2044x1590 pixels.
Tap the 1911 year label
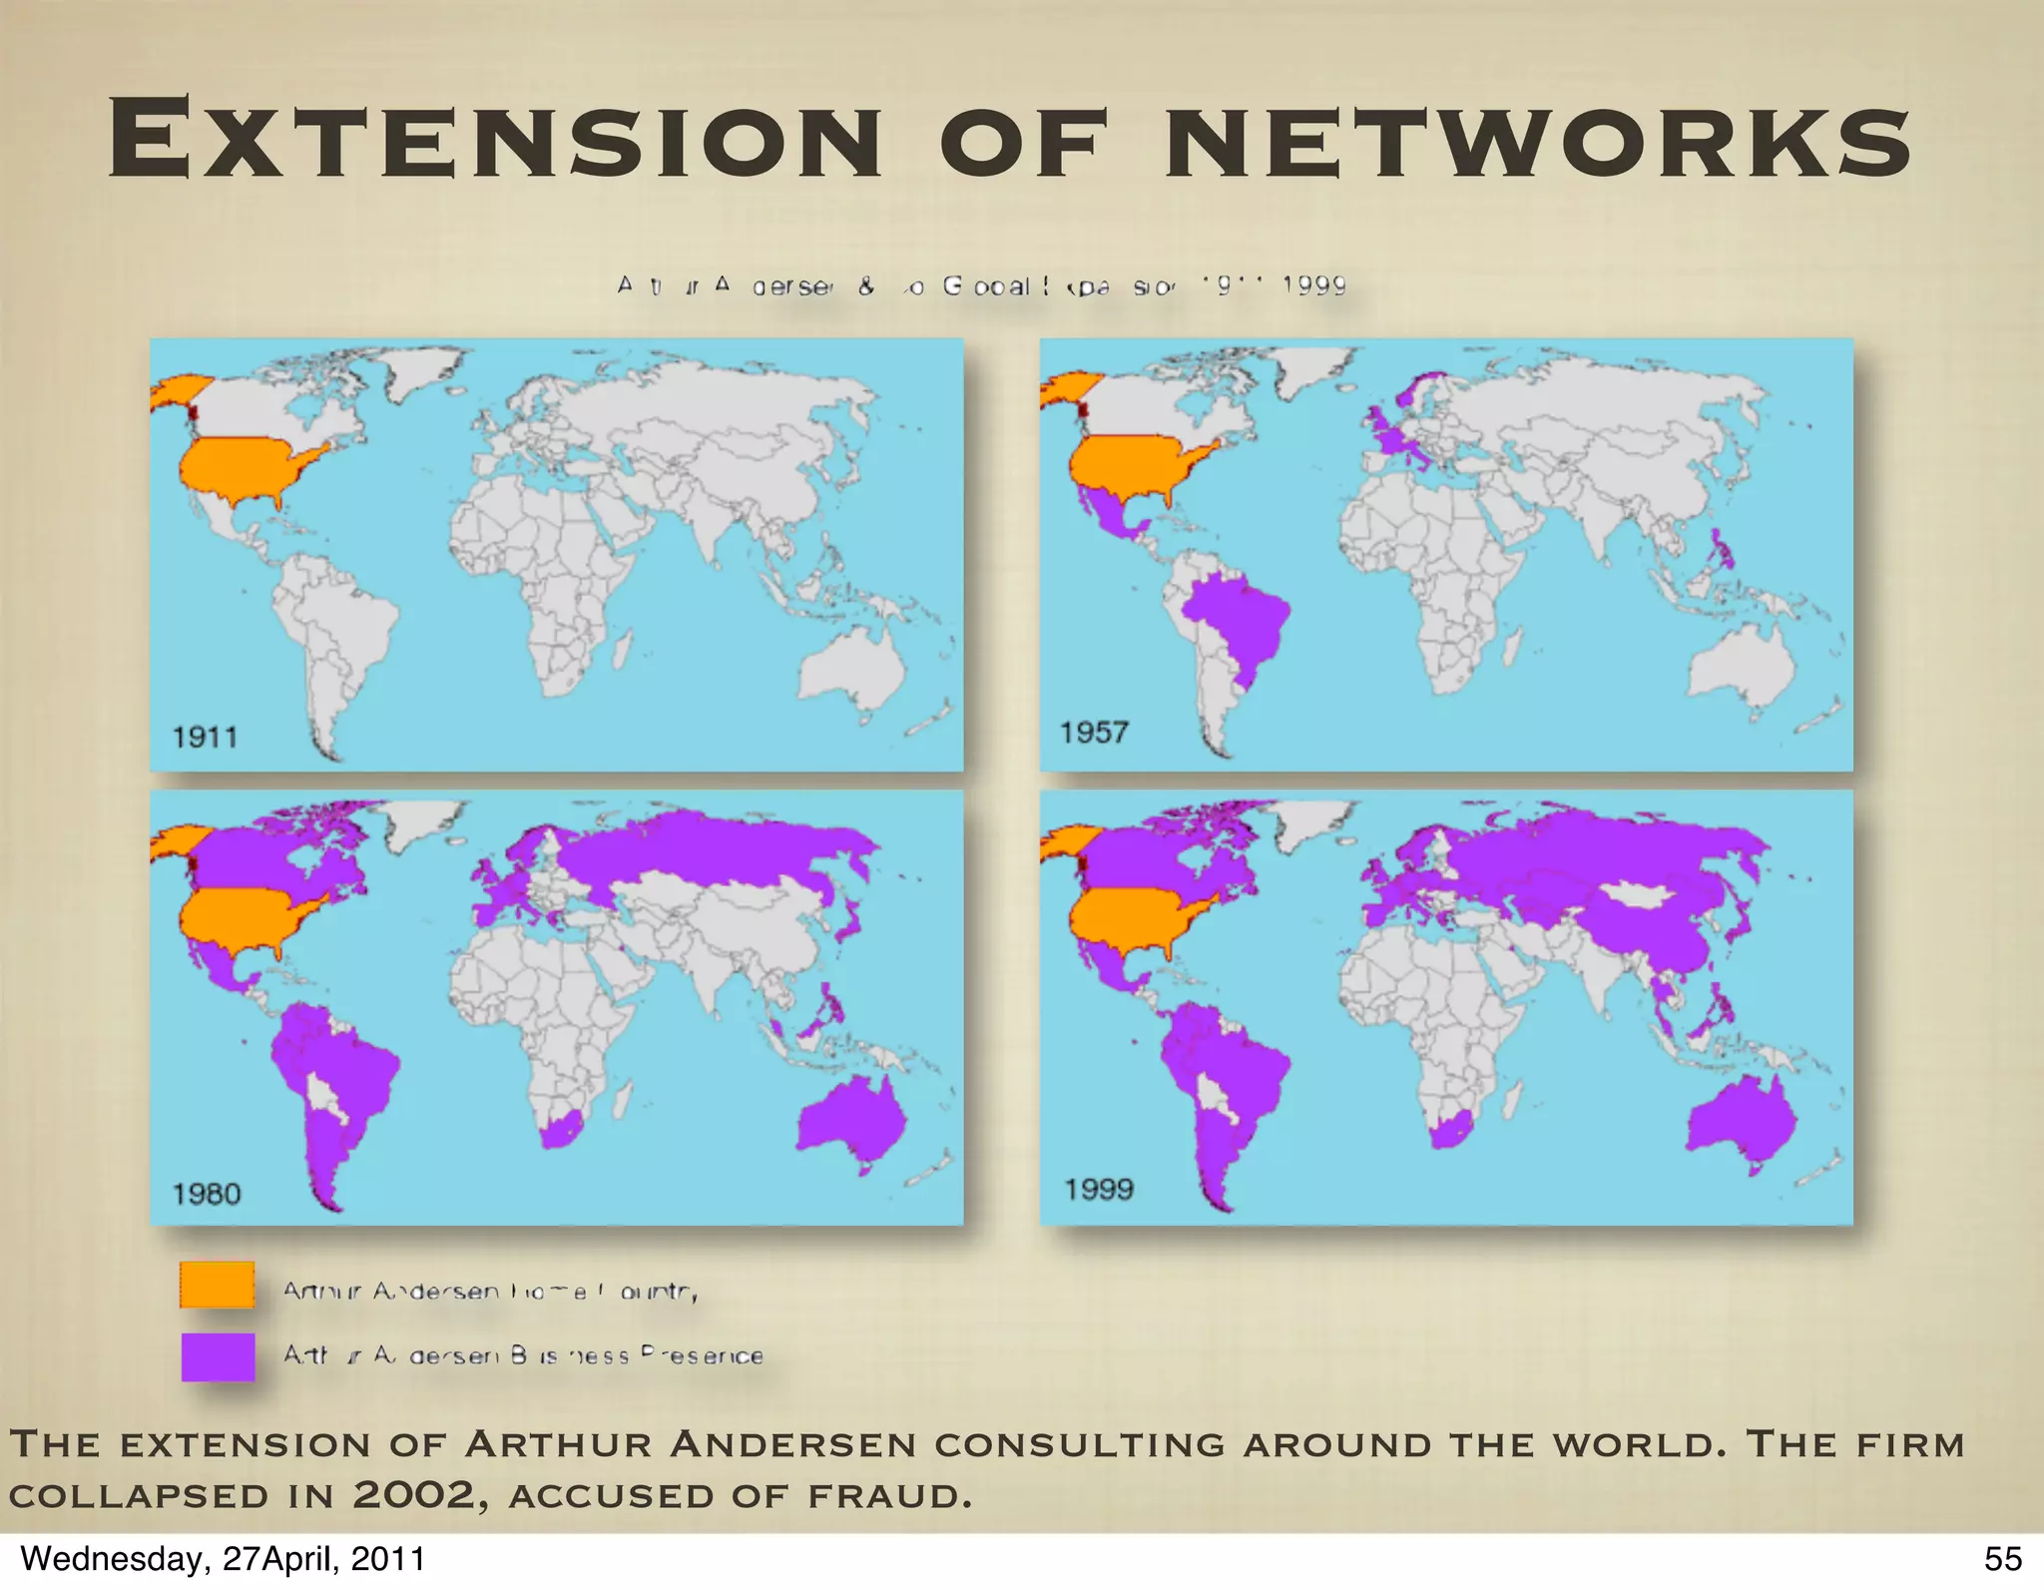205,738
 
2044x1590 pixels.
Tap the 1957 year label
1094,733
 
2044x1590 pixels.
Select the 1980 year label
207,1194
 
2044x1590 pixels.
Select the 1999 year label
1098,1189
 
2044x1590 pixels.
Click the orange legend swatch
217,1285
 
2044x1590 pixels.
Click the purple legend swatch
217,1356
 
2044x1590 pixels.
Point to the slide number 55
2002,1559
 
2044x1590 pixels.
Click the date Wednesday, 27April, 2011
223,1559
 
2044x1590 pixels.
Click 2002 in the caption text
412,1495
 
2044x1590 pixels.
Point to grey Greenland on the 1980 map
419,820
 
